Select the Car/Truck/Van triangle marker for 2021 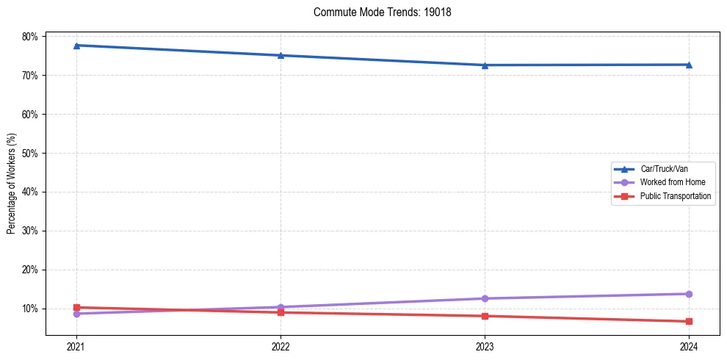[x=76, y=46]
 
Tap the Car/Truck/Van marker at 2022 [x=281, y=55]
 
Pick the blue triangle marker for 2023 [x=485, y=65]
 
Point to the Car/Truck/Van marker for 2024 [x=689, y=65]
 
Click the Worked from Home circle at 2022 [x=281, y=307]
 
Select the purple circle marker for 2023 [x=485, y=298]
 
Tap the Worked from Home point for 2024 [x=689, y=294]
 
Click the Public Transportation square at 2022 [x=281, y=312]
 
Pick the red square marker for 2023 [x=485, y=316]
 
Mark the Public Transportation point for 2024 [x=689, y=321]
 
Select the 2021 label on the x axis [x=76, y=346]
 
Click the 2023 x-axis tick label [x=485, y=346]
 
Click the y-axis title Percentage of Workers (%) [x=11, y=184]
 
